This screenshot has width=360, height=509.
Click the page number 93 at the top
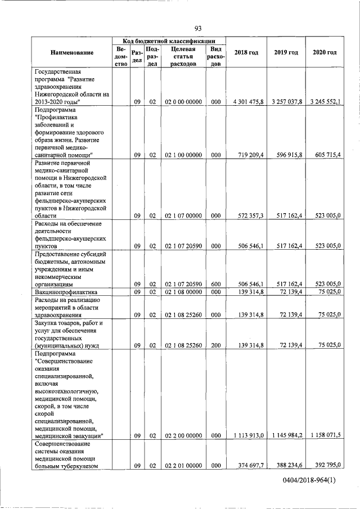click(198, 29)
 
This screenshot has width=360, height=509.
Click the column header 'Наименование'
click(72, 53)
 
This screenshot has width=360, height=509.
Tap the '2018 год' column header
click(246, 53)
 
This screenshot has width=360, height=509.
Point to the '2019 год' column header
click(286, 53)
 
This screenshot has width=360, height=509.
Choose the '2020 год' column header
click(325, 53)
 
